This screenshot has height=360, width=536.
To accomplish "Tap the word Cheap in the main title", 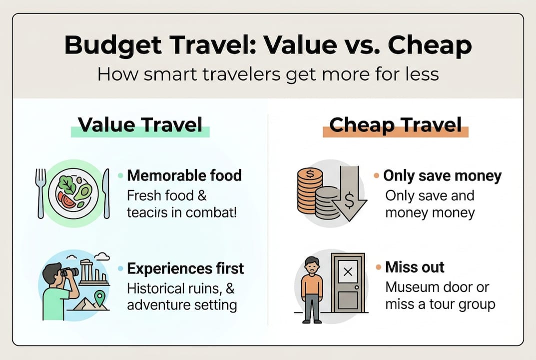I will tap(429, 46).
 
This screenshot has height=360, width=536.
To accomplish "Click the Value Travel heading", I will tap(140, 125).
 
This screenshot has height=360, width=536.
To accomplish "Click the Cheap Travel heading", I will tap(395, 125).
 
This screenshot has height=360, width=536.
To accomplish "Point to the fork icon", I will tap(41, 192).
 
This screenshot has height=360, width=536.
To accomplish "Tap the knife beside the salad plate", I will tap(106, 192).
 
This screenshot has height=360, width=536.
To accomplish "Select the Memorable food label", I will tap(184, 175).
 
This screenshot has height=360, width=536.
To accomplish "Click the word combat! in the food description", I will tap(217, 212).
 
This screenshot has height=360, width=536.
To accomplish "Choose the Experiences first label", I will tap(185, 268).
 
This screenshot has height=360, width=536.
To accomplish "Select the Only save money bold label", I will tap(442, 176).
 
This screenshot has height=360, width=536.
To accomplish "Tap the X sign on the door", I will tap(348, 272).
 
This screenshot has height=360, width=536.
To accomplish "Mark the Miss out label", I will tap(415, 267).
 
